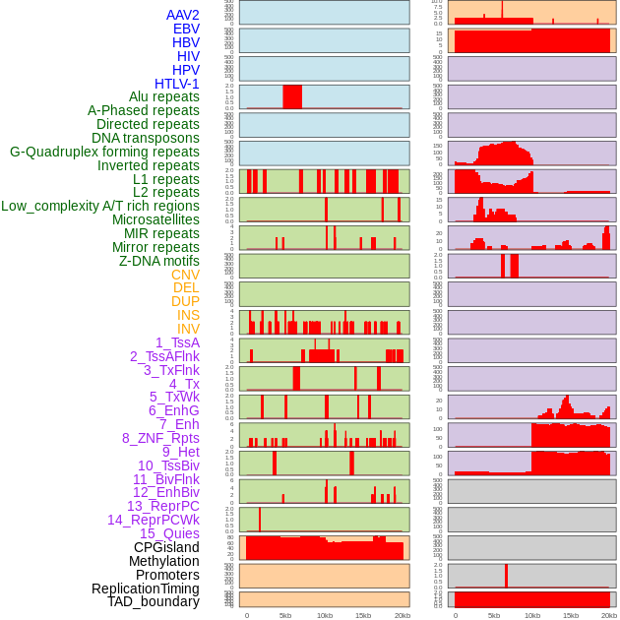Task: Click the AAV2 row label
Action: (183, 15)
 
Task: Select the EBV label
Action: (186, 29)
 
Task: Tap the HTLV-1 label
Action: (177, 84)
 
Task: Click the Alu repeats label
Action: (164, 96)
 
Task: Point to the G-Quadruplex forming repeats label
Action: (104, 152)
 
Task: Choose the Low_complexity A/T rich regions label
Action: (100, 206)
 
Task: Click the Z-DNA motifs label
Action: (159, 261)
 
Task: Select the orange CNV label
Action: (185, 275)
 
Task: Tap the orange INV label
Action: (188, 329)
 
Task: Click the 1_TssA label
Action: (177, 342)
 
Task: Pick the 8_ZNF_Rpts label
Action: (160, 438)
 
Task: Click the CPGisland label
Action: (166, 547)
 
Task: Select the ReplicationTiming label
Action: (145, 589)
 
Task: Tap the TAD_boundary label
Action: (154, 601)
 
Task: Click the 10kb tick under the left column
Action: (325, 615)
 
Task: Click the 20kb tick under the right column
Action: (609, 615)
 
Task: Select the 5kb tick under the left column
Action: (285, 615)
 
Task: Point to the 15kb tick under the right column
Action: (571, 615)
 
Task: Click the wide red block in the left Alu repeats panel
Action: (292, 96)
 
